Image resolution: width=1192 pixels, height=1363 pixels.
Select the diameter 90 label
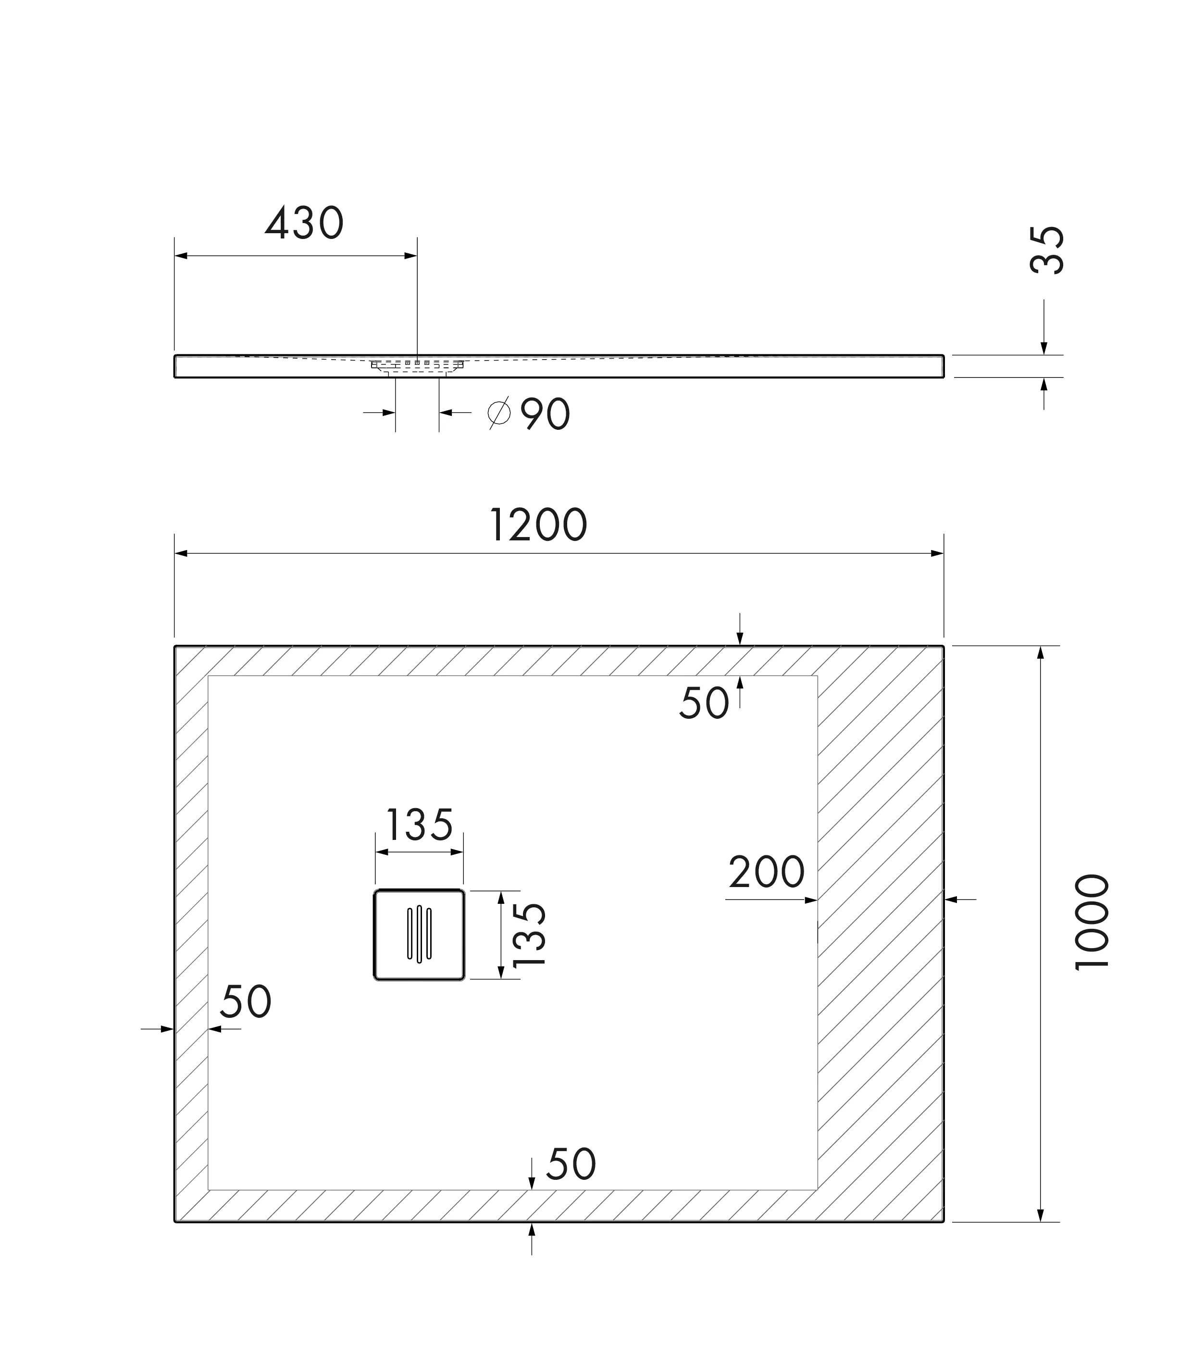click(544, 414)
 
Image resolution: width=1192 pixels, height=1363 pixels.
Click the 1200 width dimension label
click(538, 525)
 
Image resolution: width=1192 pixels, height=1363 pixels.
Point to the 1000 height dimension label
click(1092, 923)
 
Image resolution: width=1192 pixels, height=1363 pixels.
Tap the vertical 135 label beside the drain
click(530, 935)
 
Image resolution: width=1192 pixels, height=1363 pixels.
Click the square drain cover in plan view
click(419, 935)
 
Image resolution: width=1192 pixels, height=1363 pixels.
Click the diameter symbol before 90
click(499, 413)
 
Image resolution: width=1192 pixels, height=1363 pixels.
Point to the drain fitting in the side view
click(417, 366)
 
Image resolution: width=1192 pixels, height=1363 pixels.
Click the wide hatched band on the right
click(880, 931)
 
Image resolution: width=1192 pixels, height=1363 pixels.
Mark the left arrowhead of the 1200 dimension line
click(180, 553)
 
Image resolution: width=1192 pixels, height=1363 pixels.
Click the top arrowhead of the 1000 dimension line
click(1041, 652)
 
